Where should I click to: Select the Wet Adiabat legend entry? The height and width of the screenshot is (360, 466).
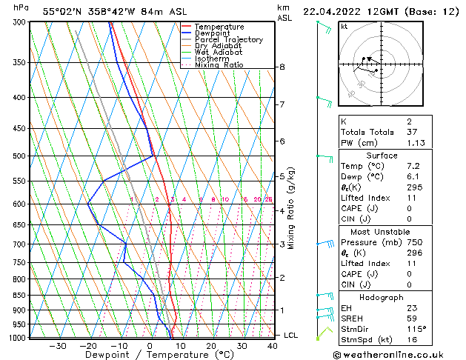(213, 53)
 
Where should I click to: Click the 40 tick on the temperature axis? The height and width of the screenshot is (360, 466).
(273, 346)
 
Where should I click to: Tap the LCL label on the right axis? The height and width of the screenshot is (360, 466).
(292, 336)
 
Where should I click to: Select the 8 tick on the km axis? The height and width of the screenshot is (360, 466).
(282, 67)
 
